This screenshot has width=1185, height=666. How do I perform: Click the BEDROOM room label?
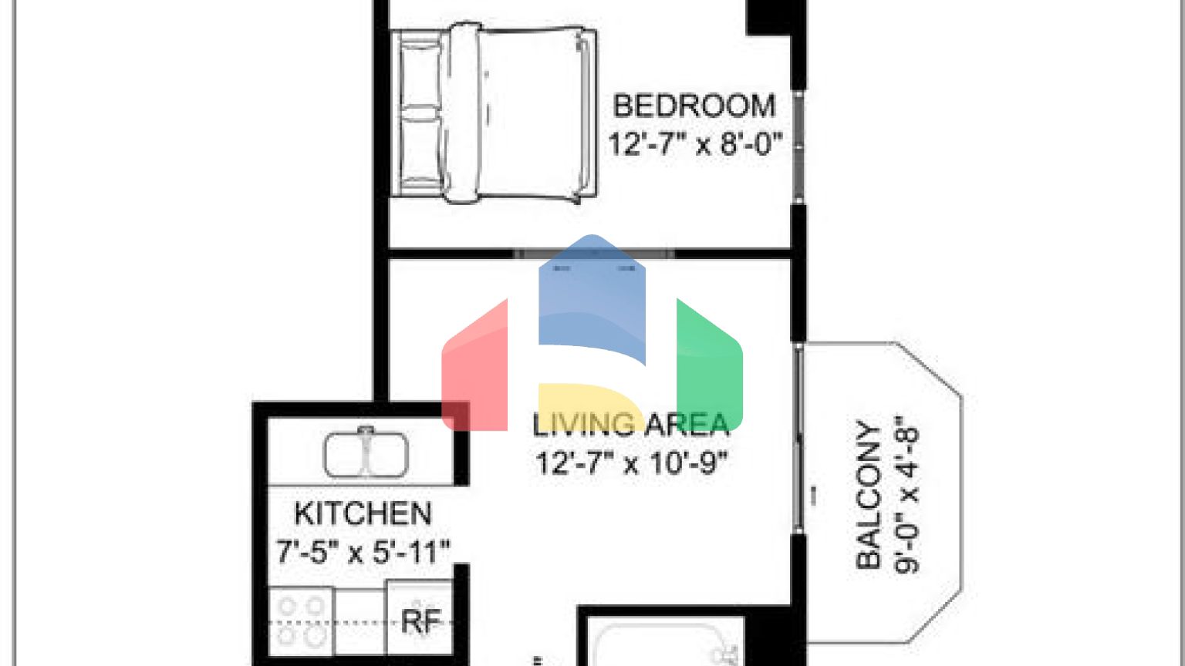click(694, 106)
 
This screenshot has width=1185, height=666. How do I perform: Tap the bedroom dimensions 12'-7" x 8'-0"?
click(695, 144)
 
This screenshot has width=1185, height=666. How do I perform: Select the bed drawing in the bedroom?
click(495, 113)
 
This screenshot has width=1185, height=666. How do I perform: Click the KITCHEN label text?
click(363, 513)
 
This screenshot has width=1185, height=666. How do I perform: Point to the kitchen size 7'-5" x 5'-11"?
click(363, 552)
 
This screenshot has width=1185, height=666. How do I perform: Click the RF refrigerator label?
click(421, 621)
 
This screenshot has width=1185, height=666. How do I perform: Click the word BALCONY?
click(869, 496)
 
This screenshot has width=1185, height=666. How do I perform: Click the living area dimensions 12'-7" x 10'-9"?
click(632, 463)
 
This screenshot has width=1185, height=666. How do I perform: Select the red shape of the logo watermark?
click(474, 370)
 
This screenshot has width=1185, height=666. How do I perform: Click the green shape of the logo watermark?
click(709, 362)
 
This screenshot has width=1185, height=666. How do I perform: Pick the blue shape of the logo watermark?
click(592, 301)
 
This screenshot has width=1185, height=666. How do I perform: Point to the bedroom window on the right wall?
click(799, 146)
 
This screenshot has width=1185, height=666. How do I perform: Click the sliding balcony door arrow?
click(812, 496)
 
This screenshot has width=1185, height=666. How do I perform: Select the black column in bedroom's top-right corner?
click(775, 17)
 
